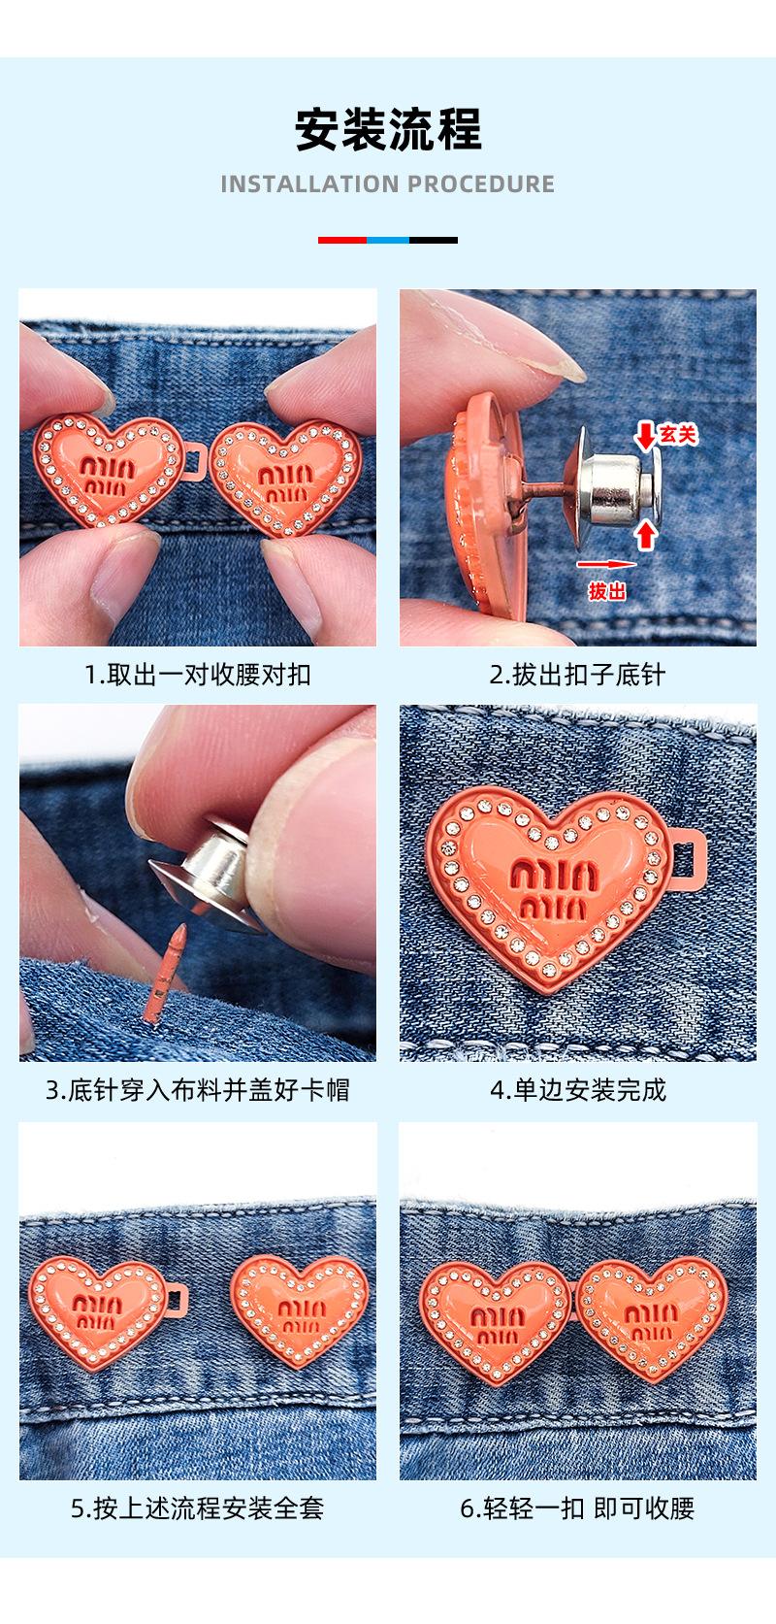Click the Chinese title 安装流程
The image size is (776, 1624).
[388, 130]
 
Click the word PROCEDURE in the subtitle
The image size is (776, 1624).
[481, 184]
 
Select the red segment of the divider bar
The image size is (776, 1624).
[342, 240]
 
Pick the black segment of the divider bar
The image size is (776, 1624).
[434, 240]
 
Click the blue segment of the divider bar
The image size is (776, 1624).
[388, 240]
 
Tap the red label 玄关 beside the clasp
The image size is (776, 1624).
[678, 435]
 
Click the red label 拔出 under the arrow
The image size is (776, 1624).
[606, 591]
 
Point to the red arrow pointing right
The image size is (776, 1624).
[606, 563]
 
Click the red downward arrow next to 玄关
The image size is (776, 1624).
[645, 437]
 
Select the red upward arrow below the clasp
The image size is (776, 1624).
[646, 536]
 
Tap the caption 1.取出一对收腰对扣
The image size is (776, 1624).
[198, 675]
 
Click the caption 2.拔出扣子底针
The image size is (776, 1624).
[577, 675]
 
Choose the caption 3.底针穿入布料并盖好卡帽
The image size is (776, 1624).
[198, 1090]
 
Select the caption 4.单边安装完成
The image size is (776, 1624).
[577, 1090]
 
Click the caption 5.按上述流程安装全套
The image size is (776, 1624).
[198, 1508]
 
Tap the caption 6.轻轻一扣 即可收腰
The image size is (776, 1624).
[577, 1508]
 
